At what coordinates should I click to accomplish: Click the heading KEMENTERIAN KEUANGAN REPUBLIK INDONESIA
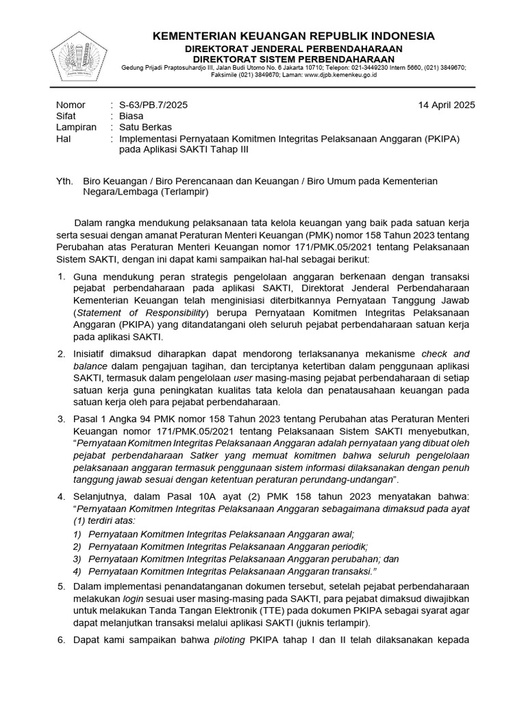point(292,36)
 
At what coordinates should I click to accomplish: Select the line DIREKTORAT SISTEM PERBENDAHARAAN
point(292,59)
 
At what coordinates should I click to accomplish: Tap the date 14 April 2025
point(447,105)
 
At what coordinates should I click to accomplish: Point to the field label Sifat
point(66,116)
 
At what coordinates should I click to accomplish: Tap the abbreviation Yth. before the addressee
point(64,181)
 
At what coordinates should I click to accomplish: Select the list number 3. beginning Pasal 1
point(61,418)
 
